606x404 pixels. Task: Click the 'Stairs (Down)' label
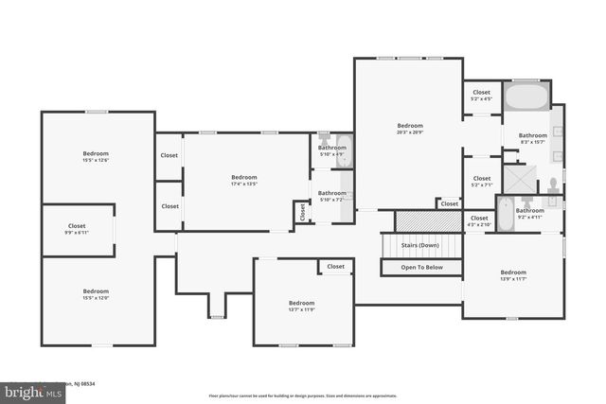(x=421, y=244)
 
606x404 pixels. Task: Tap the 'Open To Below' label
(x=421, y=268)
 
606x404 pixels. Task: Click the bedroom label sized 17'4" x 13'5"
(x=244, y=181)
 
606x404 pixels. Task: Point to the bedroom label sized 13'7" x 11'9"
(x=301, y=306)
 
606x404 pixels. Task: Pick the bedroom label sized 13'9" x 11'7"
(x=513, y=275)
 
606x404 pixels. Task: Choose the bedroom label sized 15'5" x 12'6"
(x=96, y=157)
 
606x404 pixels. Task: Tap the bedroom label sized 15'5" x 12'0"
(x=96, y=294)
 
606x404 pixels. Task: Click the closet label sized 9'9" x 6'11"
(x=77, y=229)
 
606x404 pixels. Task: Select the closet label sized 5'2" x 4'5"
(x=482, y=96)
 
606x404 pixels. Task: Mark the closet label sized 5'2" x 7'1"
(x=482, y=181)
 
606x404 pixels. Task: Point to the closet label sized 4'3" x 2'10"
(x=479, y=220)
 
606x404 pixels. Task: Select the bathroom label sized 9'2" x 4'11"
(x=529, y=213)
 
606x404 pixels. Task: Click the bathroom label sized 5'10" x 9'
(x=332, y=150)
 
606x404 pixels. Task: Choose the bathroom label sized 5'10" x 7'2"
(x=332, y=196)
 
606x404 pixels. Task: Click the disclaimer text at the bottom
(x=303, y=395)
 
